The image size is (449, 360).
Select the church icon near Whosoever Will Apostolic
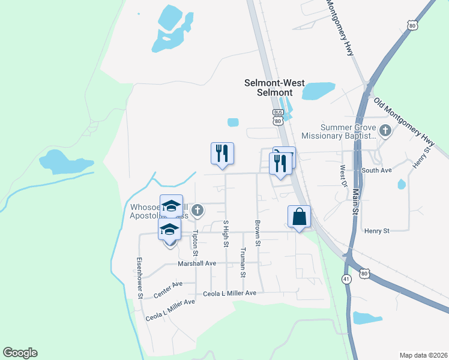coord(197,210)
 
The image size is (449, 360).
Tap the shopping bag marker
coord(300,217)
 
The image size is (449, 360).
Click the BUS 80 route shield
coord(277,117)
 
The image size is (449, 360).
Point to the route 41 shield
coord(347,279)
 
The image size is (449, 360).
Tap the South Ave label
coord(377,171)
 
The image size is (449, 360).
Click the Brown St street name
coord(258,233)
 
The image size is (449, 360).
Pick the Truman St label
coord(243,262)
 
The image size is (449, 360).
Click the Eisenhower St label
coord(139,278)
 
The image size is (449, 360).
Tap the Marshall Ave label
coord(197,263)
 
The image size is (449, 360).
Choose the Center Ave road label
coord(167,290)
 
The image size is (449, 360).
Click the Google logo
coord(20,353)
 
